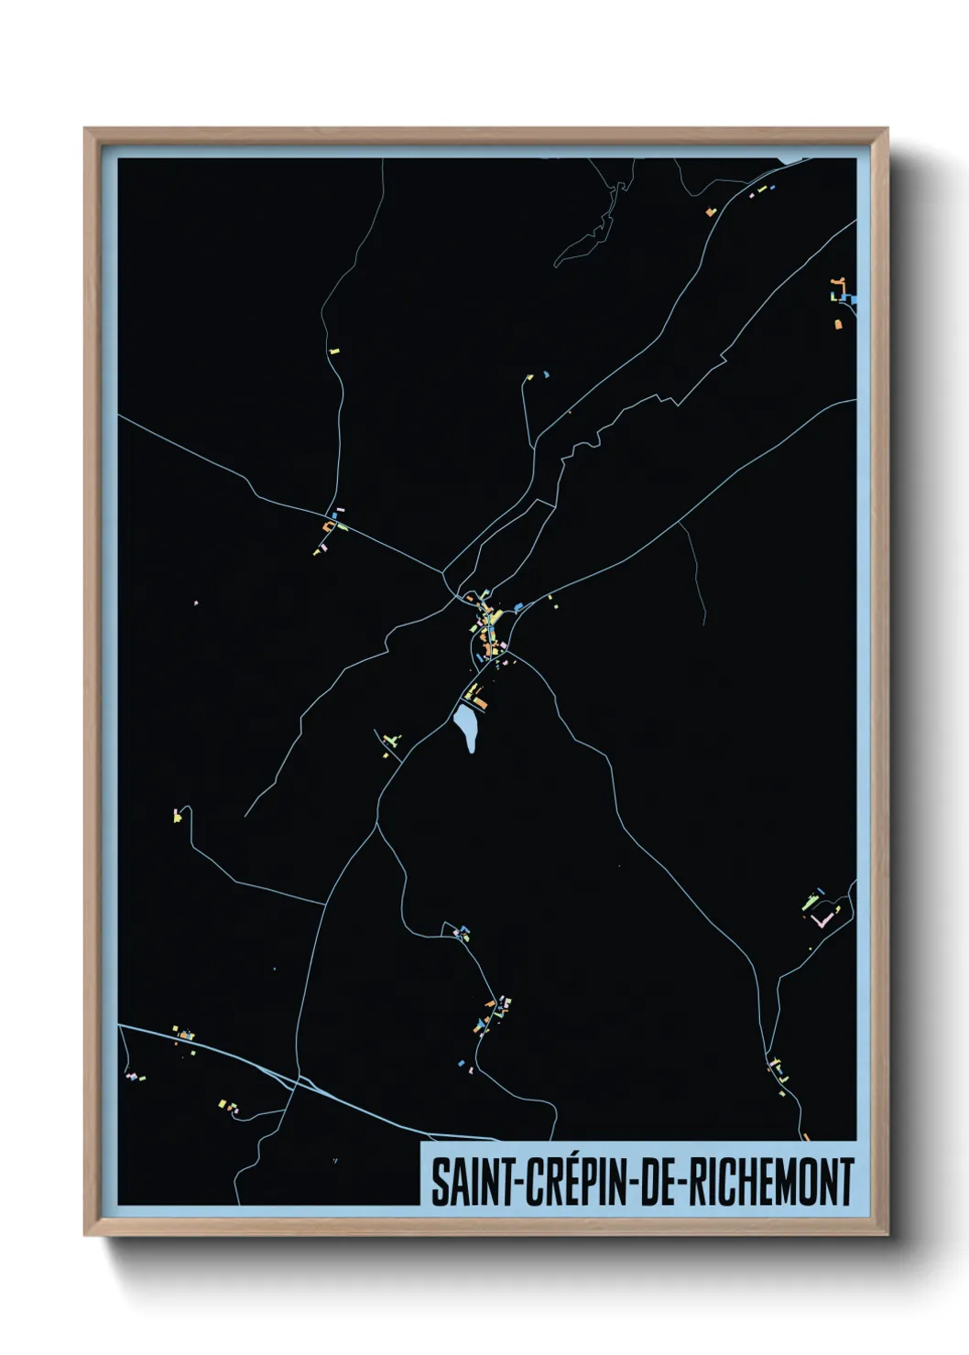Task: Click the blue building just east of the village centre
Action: [x=517, y=607]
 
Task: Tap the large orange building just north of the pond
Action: [x=478, y=703]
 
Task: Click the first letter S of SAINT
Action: [x=439, y=1182]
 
